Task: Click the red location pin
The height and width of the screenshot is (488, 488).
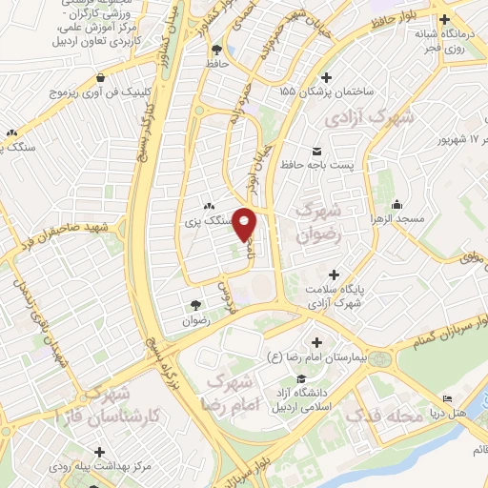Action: coord(246,226)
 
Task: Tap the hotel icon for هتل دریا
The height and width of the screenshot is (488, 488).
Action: coord(448,399)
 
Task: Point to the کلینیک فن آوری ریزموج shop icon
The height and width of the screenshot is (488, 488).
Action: coord(101,78)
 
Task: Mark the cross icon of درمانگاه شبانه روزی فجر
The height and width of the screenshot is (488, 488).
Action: coord(444,18)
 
